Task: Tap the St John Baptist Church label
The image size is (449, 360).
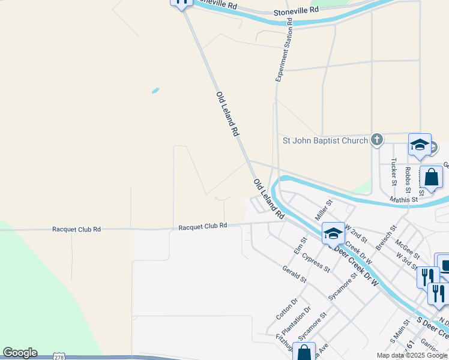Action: [325, 140]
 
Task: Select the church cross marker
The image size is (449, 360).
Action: [376, 140]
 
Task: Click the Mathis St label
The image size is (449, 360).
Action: [403, 199]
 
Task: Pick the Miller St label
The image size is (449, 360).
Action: [324, 210]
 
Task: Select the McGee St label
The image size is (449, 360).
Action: [407, 249]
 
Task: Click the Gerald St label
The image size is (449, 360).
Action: [294, 275]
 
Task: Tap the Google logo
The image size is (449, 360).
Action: [20, 353]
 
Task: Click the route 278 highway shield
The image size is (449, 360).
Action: [59, 356]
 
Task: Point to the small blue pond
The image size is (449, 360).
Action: [155, 91]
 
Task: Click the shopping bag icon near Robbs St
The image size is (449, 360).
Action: [431, 177]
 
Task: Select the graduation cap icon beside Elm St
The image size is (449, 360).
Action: [333, 233]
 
